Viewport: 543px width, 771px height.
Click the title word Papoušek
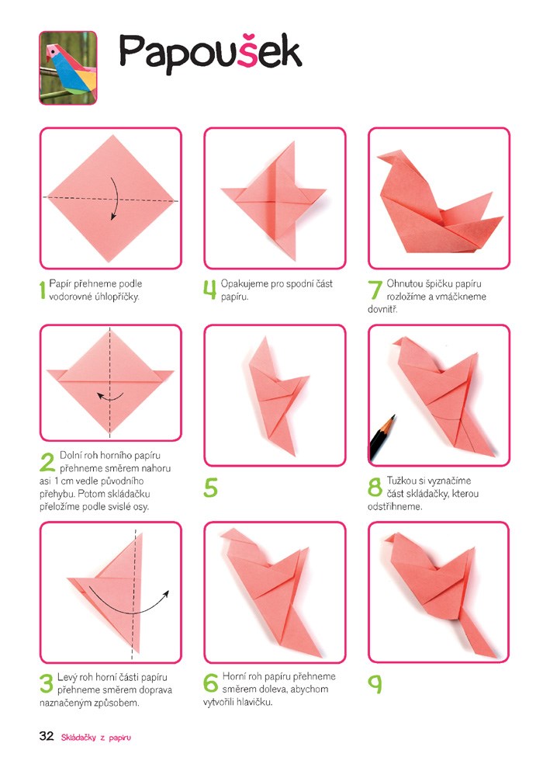coord(210,54)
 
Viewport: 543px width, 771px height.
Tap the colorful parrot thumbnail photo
coord(67,68)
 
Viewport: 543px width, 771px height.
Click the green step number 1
coord(42,290)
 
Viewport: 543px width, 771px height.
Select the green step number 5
coord(210,488)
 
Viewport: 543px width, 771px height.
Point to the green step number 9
coord(375,684)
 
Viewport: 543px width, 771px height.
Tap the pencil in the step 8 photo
coord(382,438)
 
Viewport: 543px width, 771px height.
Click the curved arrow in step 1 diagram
coord(114,198)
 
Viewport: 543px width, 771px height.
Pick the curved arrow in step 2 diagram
coord(109,396)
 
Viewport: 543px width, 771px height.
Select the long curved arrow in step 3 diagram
coord(129,606)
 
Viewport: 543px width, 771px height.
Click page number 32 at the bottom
coord(47,736)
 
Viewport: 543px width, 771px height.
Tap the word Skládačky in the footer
coord(78,737)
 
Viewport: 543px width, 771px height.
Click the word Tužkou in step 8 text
coord(401,481)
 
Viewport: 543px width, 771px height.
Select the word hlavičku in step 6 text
coord(254,702)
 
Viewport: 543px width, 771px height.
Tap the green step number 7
coord(375,290)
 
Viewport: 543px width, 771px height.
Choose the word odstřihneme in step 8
coord(395,506)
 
